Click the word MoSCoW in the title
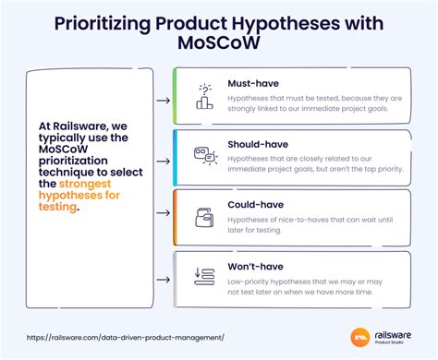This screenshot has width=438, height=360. click(218, 43)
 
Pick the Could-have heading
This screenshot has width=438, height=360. click(254, 202)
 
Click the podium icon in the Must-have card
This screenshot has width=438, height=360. click(203, 95)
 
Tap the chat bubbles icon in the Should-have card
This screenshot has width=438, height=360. click(203, 156)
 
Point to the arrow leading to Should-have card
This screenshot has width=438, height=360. click(163, 159)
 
